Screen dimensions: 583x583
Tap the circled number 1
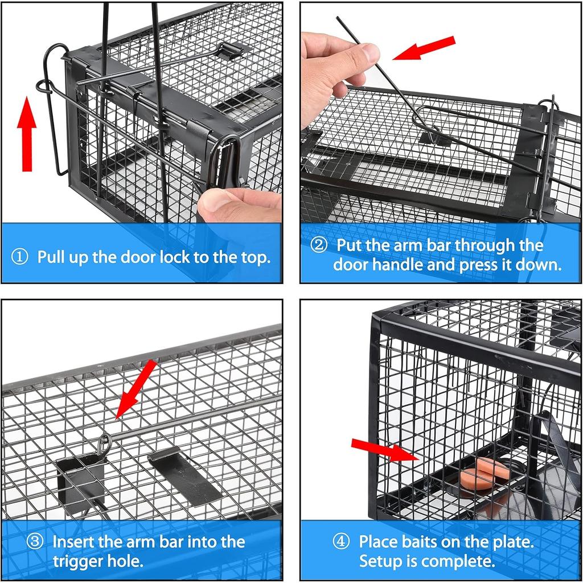pyautogui.click(x=20, y=257)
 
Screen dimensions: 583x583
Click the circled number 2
pyautogui.click(x=319, y=245)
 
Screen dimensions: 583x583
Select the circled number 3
pyautogui.click(x=35, y=541)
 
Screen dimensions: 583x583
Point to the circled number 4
pyautogui.click(x=341, y=541)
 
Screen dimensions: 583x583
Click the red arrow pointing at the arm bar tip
pyautogui.click(x=424, y=48)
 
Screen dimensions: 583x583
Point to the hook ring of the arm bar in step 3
pyautogui.click(x=104, y=443)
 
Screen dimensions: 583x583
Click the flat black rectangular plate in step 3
pyautogui.click(x=184, y=475)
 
